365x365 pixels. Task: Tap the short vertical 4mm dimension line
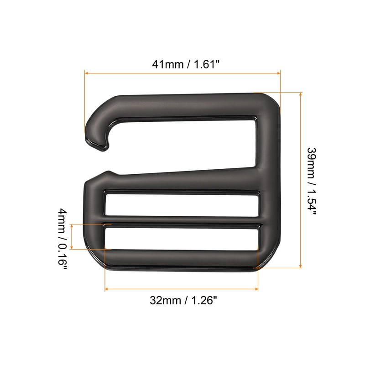pyautogui.click(x=72, y=237)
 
